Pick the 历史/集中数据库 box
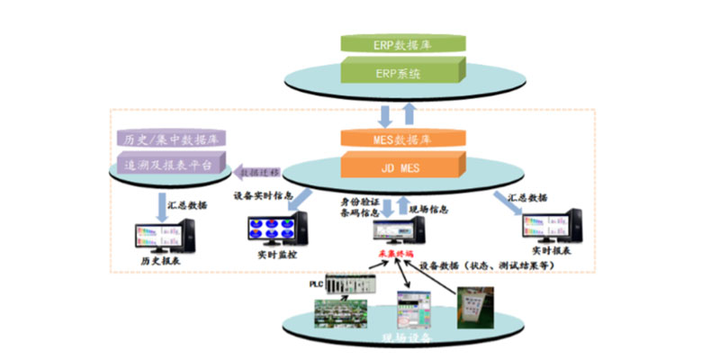click(x=170, y=139)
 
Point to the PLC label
click(x=315, y=282)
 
